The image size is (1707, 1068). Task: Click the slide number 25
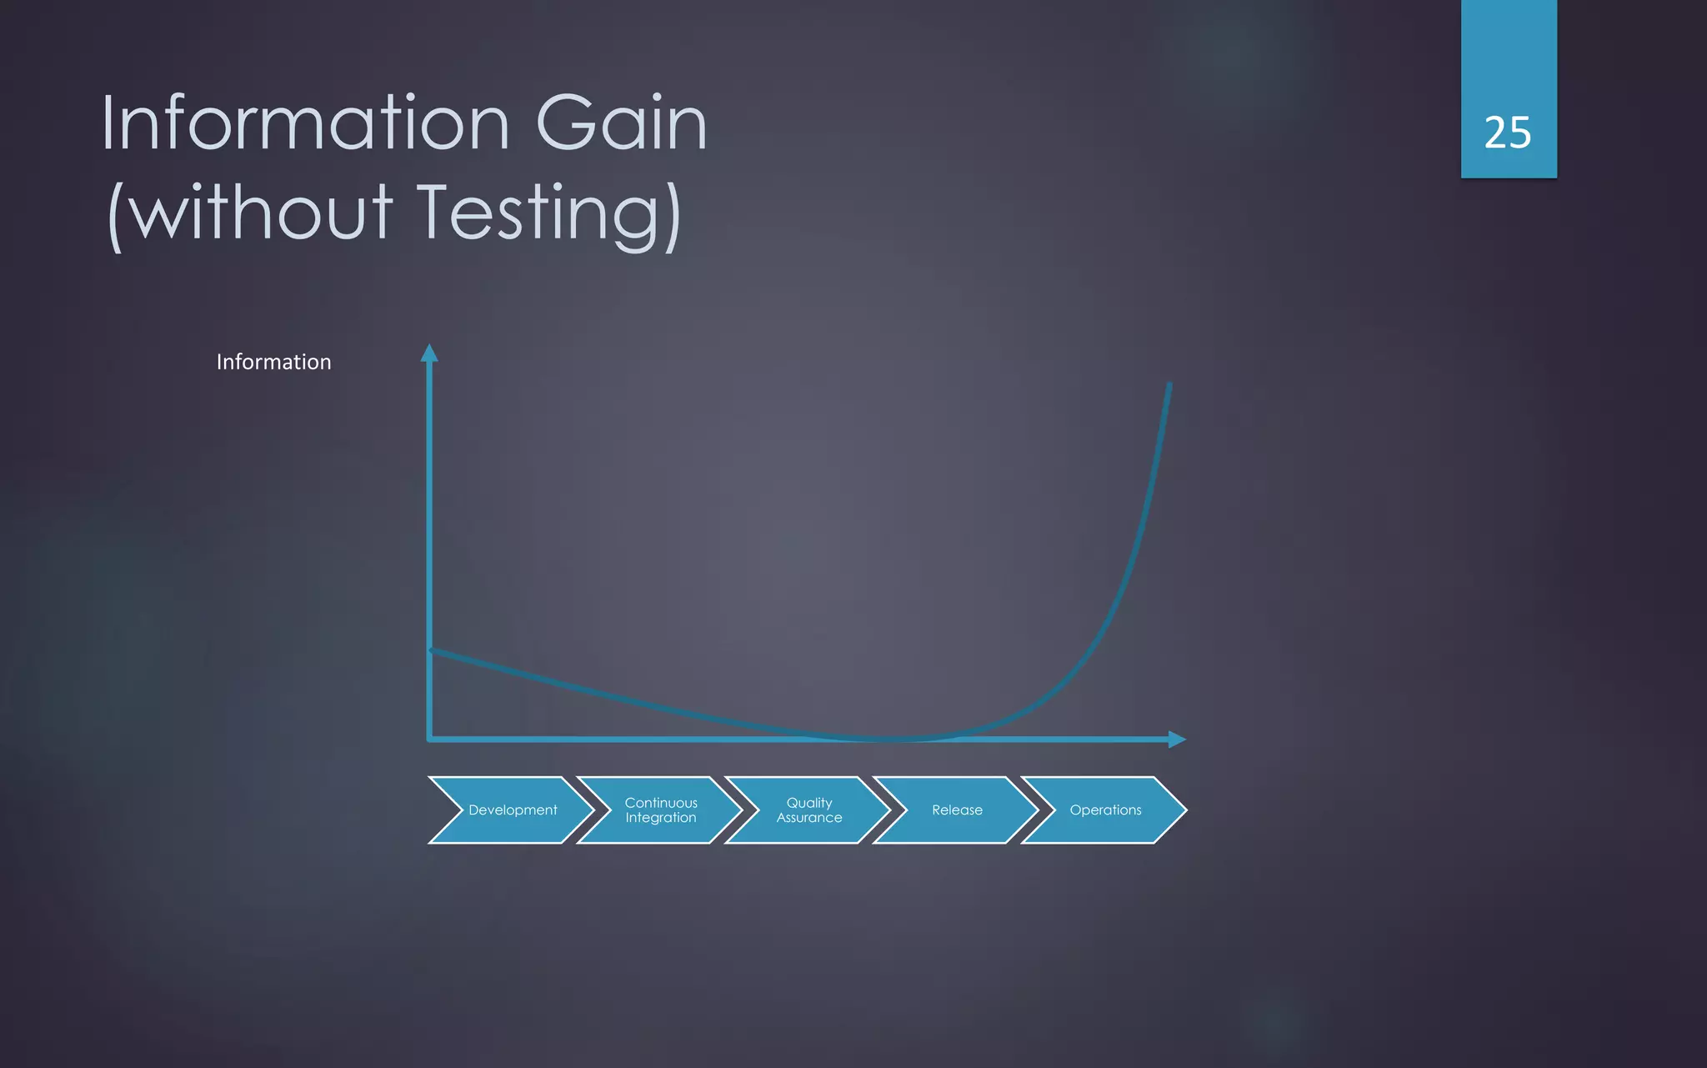point(1507,133)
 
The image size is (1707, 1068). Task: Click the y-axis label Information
point(273,362)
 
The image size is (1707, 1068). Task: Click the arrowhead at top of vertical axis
point(429,353)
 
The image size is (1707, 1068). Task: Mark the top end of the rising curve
point(1169,386)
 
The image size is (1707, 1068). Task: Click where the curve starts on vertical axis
point(431,650)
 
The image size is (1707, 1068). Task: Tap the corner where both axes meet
point(430,739)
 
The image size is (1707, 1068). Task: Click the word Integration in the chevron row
point(660,818)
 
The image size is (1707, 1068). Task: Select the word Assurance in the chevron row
point(808,818)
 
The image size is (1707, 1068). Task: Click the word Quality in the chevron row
point(808,802)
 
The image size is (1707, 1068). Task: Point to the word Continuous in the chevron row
point(660,802)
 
